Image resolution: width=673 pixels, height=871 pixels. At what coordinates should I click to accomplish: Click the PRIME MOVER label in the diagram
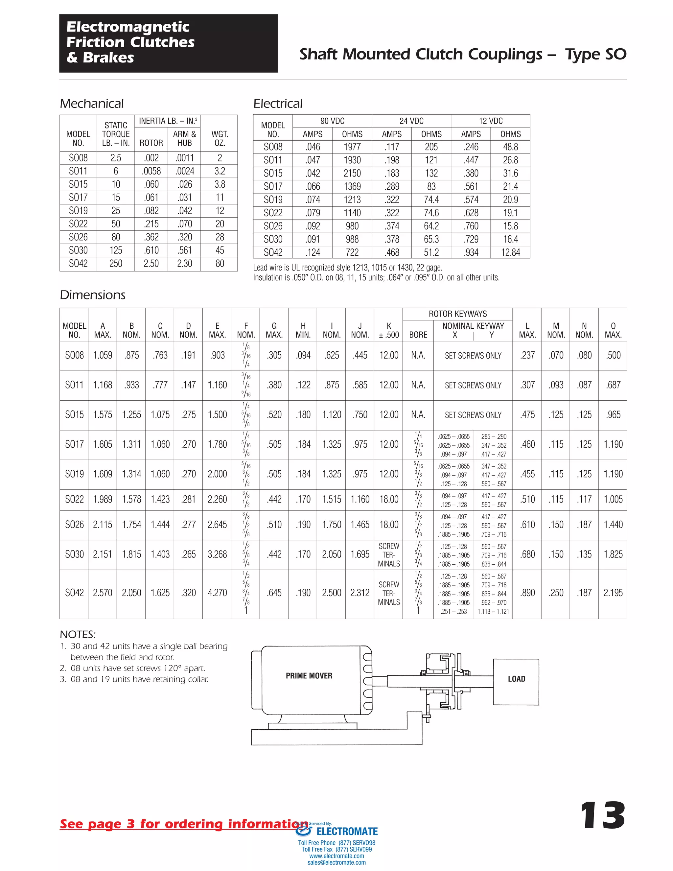(x=309, y=675)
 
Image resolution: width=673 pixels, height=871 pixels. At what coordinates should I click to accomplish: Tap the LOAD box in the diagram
(x=516, y=679)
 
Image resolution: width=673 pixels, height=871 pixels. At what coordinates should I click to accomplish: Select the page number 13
(x=602, y=816)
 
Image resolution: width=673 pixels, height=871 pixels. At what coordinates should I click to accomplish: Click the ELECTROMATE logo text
(x=346, y=832)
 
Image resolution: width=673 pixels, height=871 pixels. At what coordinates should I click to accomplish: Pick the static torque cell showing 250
(x=116, y=264)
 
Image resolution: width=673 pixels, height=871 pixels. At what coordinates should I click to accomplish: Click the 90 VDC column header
(x=332, y=121)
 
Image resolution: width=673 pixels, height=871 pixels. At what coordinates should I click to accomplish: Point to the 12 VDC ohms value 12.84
(x=510, y=252)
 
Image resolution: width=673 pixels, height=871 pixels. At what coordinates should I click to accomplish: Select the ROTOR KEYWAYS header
(x=457, y=314)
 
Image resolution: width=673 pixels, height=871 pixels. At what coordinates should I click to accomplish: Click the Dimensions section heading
(x=92, y=295)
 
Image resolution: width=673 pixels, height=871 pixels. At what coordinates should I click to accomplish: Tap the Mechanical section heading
(x=92, y=104)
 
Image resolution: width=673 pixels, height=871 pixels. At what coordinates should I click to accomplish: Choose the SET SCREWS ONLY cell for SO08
(x=473, y=355)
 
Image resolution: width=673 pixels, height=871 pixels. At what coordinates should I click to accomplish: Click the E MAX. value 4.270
(x=217, y=593)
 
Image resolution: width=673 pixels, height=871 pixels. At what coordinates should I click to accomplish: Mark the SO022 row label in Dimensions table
(x=74, y=499)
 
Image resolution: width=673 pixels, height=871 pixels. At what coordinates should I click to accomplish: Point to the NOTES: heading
(x=78, y=634)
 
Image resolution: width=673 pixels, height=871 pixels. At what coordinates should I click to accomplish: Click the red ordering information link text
(x=183, y=824)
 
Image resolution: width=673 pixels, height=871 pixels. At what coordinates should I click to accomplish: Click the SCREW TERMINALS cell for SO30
(x=389, y=555)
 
